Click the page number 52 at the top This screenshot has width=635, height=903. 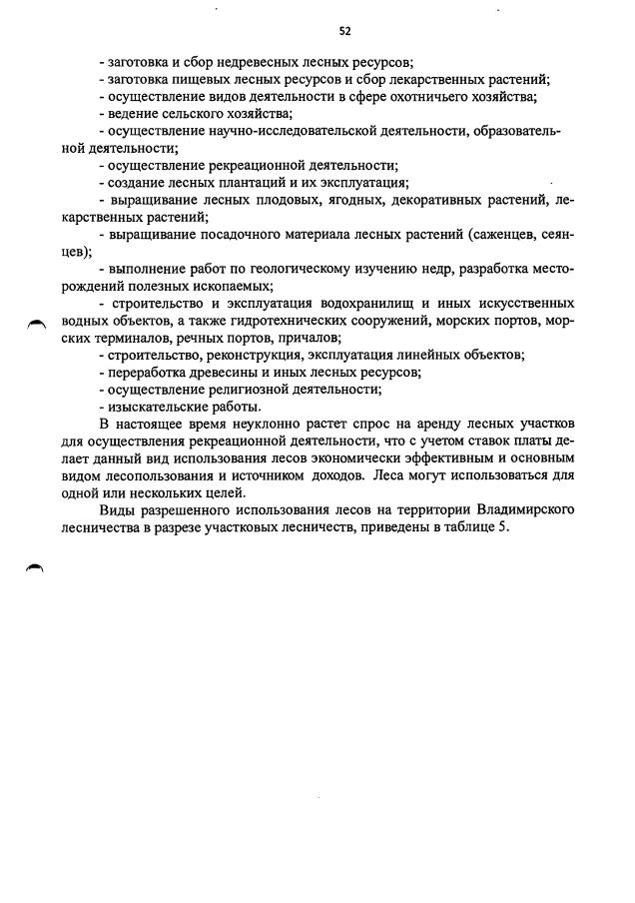click(x=317, y=31)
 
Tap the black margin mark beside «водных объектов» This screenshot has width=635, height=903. click(x=37, y=323)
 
